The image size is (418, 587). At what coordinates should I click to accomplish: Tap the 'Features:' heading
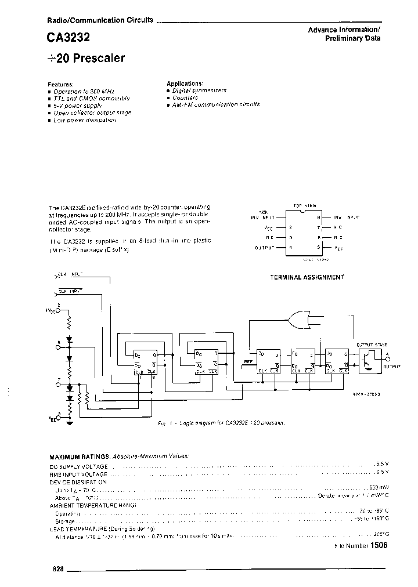61,84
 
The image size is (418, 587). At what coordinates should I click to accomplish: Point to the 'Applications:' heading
185,84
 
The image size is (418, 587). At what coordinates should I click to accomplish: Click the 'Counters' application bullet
185,98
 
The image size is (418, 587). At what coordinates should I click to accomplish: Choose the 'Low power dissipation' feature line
85,120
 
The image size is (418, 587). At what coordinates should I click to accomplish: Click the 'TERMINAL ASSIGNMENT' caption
307,277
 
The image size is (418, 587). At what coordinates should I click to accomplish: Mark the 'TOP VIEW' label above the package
305,206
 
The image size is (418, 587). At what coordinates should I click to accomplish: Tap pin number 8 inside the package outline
319,217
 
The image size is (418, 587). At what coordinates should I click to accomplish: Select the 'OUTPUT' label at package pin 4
265,248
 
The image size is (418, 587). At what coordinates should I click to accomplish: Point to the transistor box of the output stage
368,359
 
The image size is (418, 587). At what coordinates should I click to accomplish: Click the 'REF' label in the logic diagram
248,361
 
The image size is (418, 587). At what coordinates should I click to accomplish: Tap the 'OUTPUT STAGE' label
372,345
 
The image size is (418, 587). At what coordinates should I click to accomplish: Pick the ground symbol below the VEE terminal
70,422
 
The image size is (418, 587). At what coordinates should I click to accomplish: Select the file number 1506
378,546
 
